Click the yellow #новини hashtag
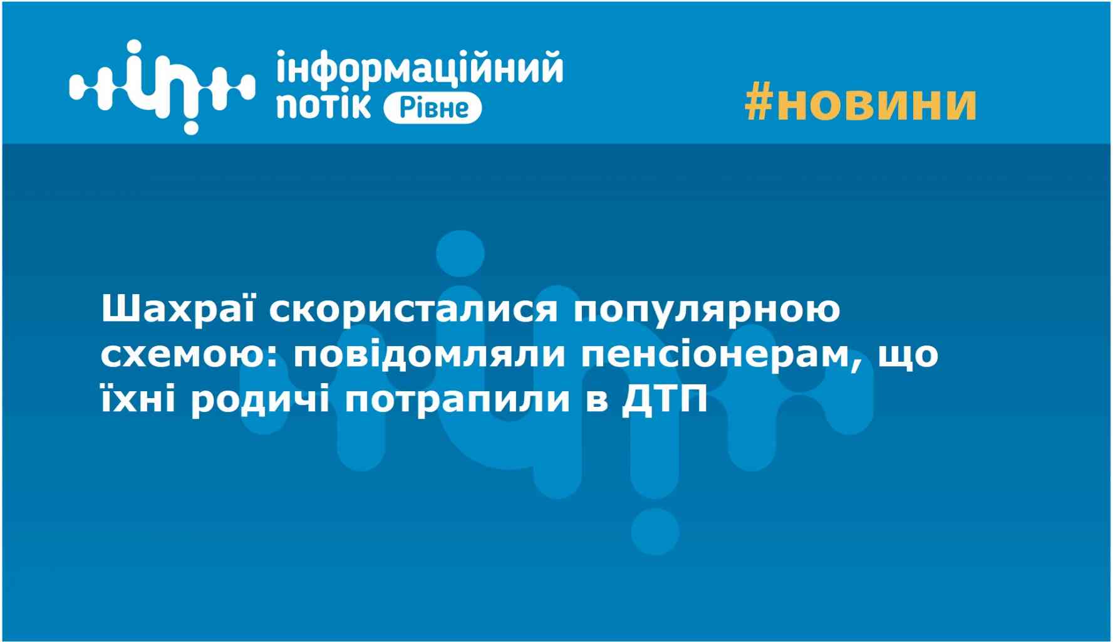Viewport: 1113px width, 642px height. click(x=861, y=103)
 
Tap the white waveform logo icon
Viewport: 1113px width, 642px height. click(x=162, y=87)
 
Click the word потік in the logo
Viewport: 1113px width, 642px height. click(x=324, y=105)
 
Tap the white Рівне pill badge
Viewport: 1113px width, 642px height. click(x=432, y=108)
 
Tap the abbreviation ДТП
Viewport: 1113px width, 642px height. click(x=665, y=399)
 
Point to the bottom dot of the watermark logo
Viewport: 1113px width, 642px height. click(x=655, y=533)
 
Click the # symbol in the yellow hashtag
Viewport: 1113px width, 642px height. click(x=760, y=103)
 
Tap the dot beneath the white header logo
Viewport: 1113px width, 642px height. click(x=190, y=127)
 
